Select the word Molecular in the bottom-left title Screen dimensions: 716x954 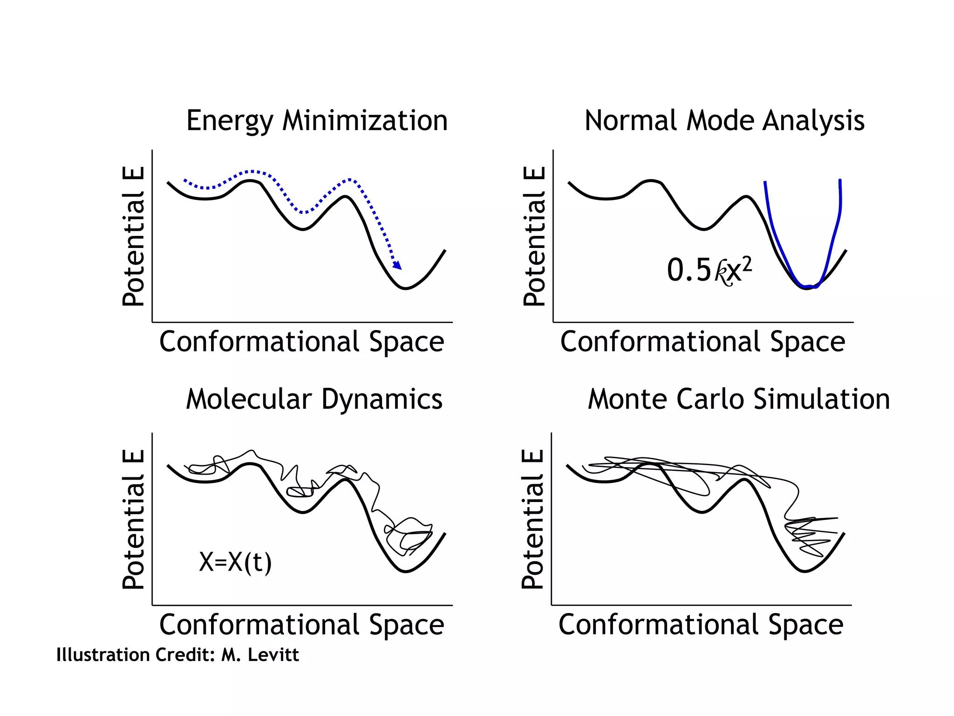tap(248, 399)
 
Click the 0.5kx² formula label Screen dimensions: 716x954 tap(709, 270)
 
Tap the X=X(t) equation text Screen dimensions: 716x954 tap(235, 562)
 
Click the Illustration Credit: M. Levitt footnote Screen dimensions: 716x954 tap(177, 655)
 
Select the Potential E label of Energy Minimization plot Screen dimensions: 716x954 tap(133, 236)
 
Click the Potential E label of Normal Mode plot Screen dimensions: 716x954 tap(534, 236)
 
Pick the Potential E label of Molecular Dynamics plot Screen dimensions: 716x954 tap(133, 519)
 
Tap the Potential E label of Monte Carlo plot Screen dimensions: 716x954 tap(532, 519)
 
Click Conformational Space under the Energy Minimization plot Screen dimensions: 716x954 tap(301, 342)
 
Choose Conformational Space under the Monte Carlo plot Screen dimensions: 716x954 tap(701, 625)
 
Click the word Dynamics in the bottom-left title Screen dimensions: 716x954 tap(382, 399)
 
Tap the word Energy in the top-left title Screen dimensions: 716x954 tap(229, 121)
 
